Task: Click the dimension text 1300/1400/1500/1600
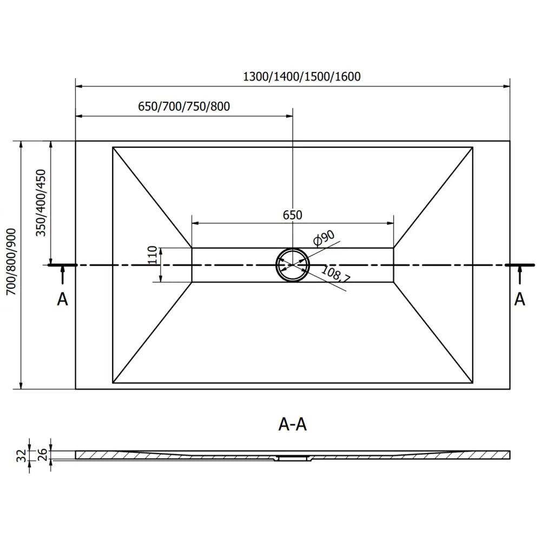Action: click(302, 76)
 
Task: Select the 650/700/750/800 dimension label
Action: click(184, 107)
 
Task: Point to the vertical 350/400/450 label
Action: click(40, 203)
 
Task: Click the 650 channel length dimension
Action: click(292, 215)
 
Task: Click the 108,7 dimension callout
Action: click(336, 275)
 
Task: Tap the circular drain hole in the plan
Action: click(292, 265)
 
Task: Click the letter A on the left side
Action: click(63, 299)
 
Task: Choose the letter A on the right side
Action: click(519, 299)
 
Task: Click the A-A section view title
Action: click(293, 425)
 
